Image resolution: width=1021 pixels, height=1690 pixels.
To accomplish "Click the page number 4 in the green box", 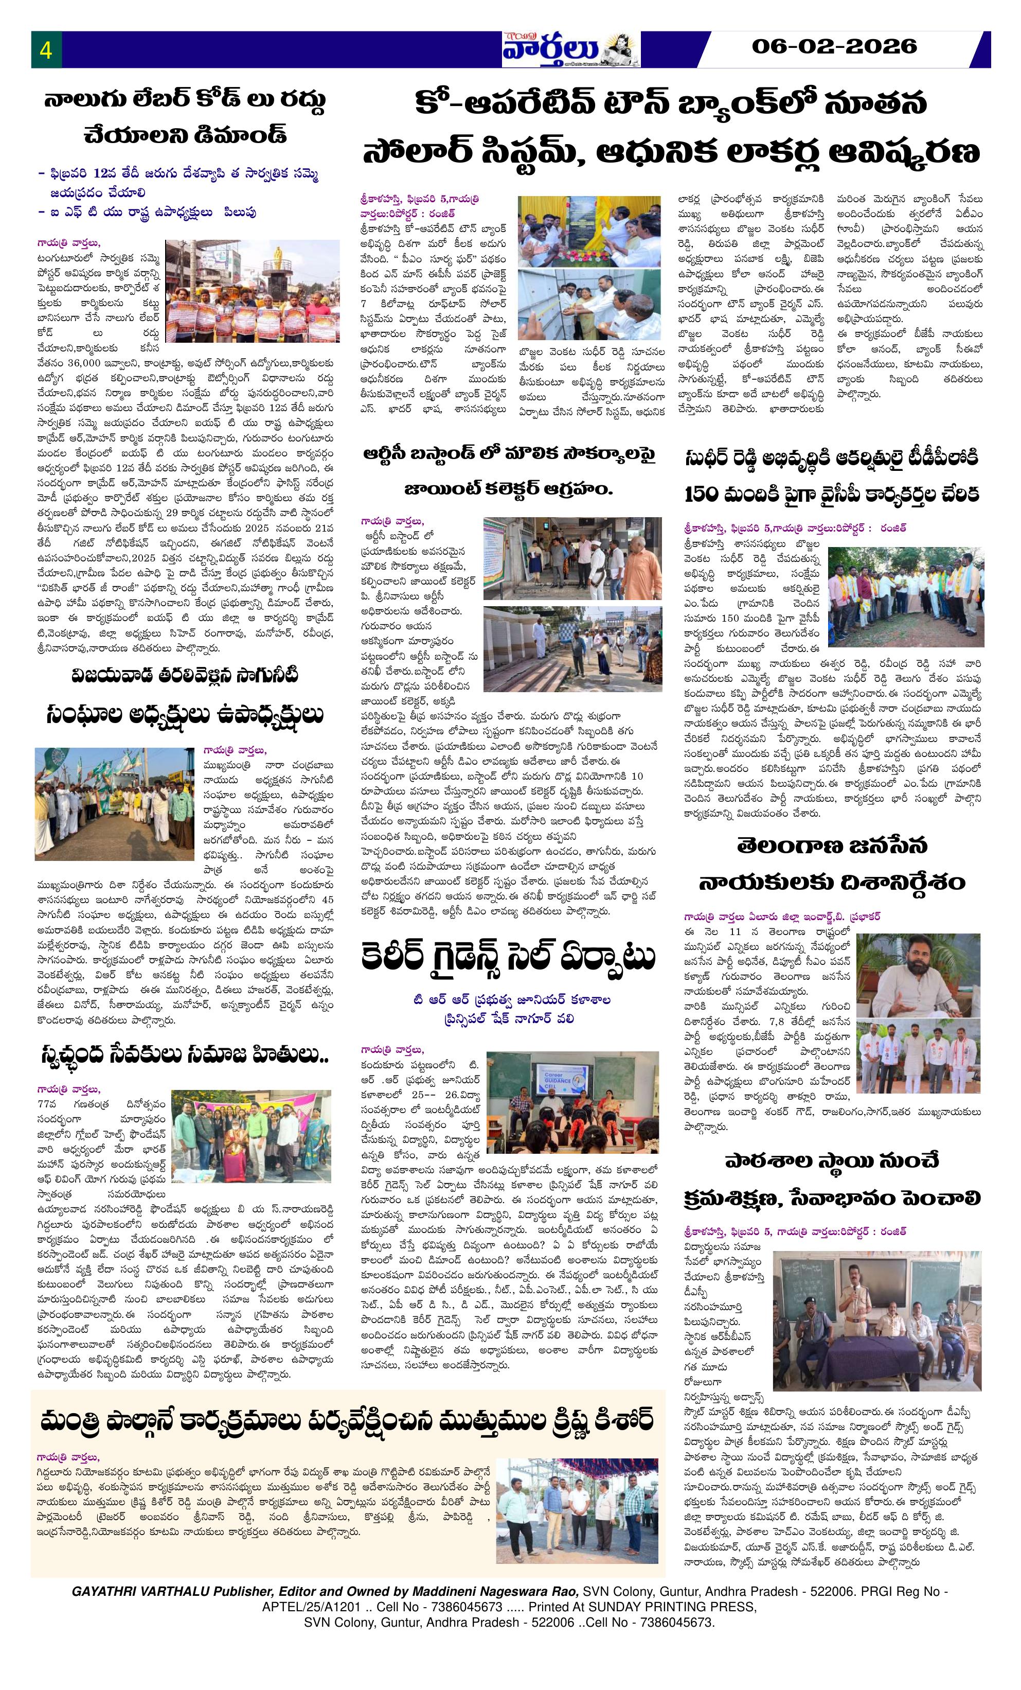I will [x=46, y=50].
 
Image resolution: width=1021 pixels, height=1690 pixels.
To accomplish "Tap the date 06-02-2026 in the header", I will [x=834, y=47].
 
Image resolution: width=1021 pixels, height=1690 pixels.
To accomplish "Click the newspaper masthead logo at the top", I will [x=570, y=49].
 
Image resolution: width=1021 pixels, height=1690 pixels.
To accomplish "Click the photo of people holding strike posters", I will [x=253, y=291].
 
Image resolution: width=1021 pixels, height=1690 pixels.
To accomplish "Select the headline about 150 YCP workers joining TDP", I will [x=832, y=477].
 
